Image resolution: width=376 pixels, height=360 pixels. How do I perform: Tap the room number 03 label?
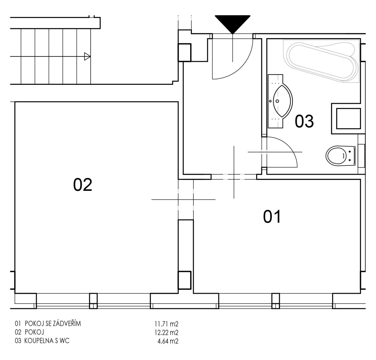(x=304, y=121)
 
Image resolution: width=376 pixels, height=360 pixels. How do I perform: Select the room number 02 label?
(x=83, y=185)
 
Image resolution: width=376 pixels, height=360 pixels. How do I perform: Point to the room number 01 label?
(x=272, y=217)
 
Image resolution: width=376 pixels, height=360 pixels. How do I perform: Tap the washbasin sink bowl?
(x=283, y=101)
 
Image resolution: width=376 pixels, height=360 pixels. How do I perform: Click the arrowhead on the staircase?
(x=87, y=56)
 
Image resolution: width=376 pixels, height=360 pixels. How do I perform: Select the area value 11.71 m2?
(x=166, y=323)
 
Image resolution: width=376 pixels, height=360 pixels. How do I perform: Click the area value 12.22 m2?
(x=166, y=332)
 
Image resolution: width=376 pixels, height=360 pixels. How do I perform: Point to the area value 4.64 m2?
(x=168, y=341)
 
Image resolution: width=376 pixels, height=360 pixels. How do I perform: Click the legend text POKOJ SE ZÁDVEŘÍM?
(x=53, y=323)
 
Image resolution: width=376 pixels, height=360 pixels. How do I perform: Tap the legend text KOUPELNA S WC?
(x=47, y=341)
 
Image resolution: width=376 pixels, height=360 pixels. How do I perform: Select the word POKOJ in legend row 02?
(x=35, y=332)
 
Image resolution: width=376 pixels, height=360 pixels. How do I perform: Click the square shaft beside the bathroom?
(x=348, y=118)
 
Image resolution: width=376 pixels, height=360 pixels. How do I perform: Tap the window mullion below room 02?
(x=93, y=301)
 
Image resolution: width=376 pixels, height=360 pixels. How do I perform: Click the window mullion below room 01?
(x=275, y=301)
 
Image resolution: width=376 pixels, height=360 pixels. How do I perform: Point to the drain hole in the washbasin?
(x=277, y=101)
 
